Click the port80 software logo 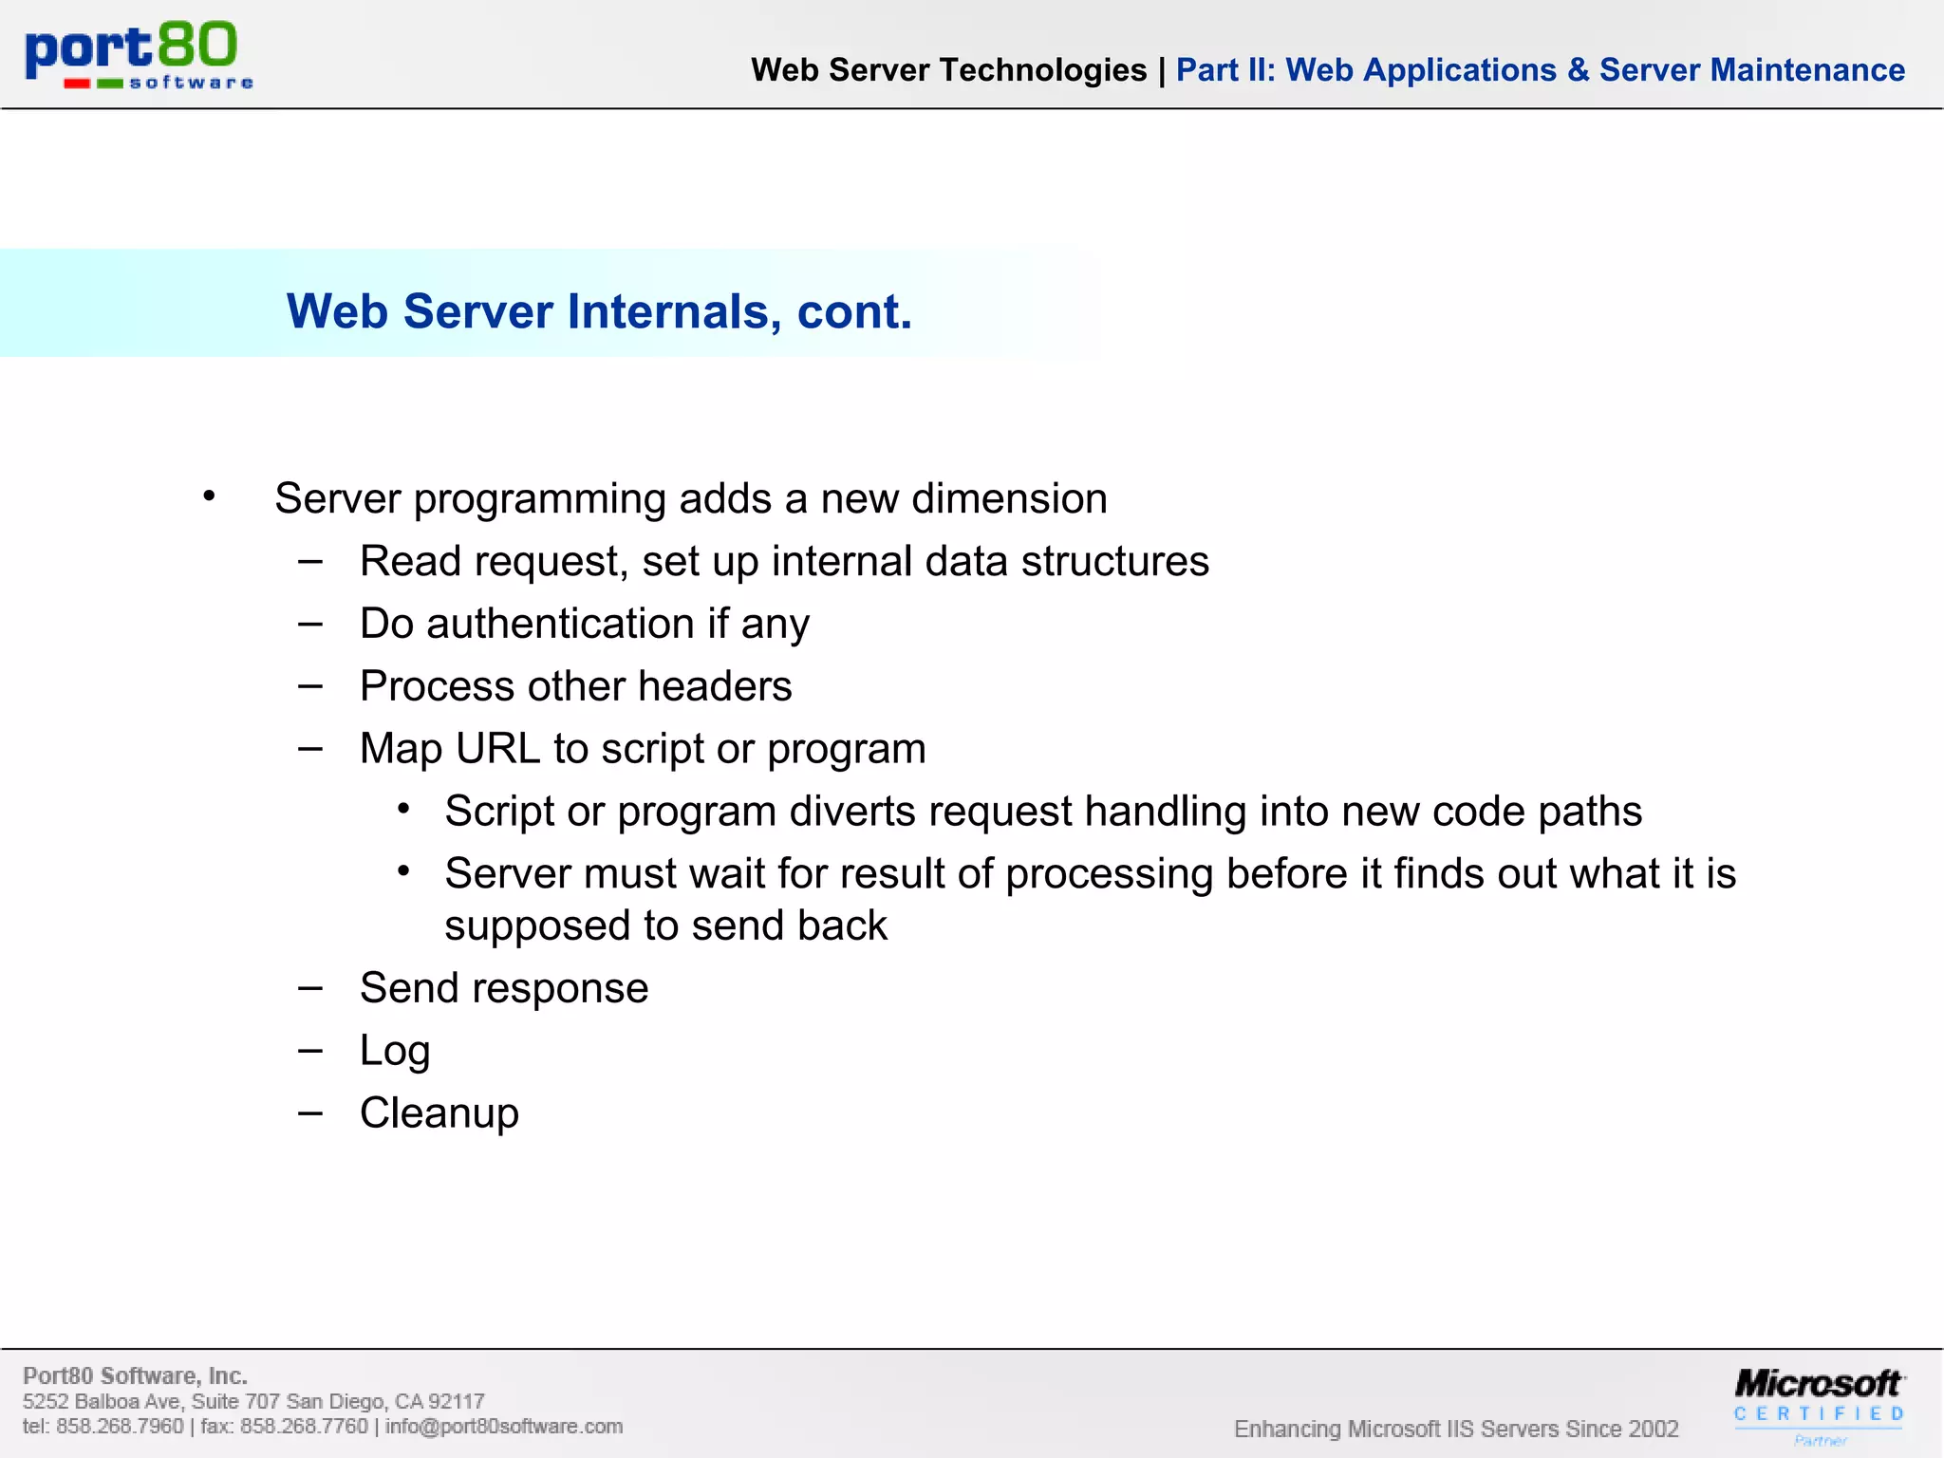point(139,55)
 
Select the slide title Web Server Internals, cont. point(599,311)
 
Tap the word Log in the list point(395,1052)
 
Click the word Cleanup point(439,1113)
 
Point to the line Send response point(504,989)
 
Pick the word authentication point(560,625)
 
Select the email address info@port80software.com point(503,1427)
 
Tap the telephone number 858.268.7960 point(120,1427)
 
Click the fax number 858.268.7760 point(304,1427)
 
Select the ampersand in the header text point(1578,70)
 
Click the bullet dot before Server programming point(209,496)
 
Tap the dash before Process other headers point(310,686)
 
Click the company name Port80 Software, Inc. point(135,1376)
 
